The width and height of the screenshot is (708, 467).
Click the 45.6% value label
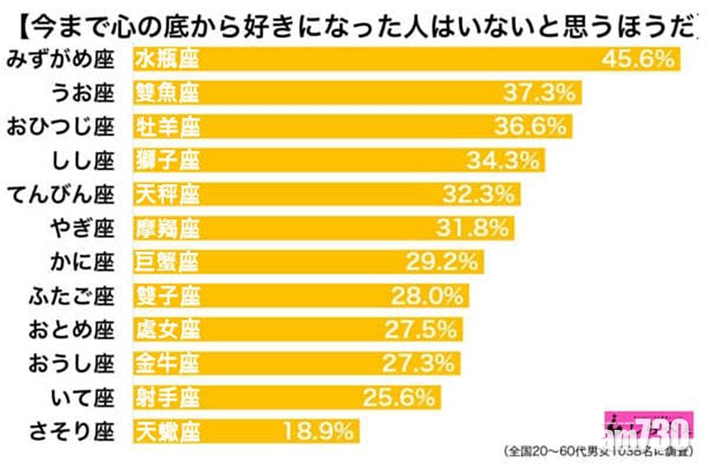click(x=638, y=59)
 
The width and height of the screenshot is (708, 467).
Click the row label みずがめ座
click(x=60, y=59)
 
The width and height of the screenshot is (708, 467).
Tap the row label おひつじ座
click(x=60, y=126)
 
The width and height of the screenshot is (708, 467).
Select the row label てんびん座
click(x=60, y=194)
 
